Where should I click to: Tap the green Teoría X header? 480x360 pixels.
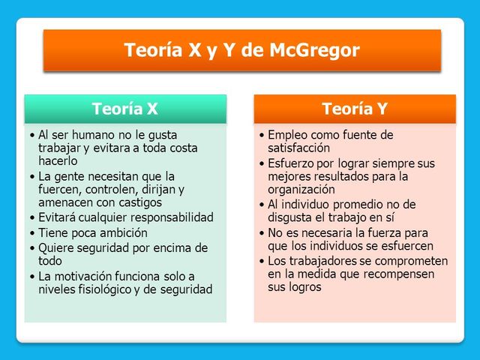pyautogui.click(x=125, y=109)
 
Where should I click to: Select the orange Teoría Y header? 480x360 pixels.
pyautogui.click(x=355, y=109)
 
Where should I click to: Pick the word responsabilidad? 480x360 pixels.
pyautogui.click(x=163, y=217)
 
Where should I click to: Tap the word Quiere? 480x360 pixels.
pyautogui.click(x=56, y=247)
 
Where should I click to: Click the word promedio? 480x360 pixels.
pyautogui.click(x=361, y=204)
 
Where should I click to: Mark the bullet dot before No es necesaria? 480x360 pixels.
pyautogui.click(x=261, y=233)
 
